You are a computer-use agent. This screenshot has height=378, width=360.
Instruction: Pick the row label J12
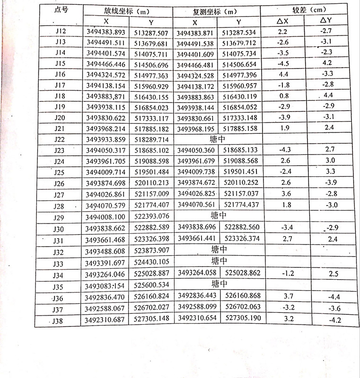click(x=60, y=32)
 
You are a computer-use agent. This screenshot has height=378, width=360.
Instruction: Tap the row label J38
click(x=58, y=321)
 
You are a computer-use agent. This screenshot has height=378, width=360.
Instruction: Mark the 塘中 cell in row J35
click(x=220, y=284)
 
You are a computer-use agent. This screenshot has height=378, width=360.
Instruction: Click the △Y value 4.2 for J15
click(x=327, y=62)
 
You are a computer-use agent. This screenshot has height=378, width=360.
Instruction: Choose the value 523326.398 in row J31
click(x=151, y=239)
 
